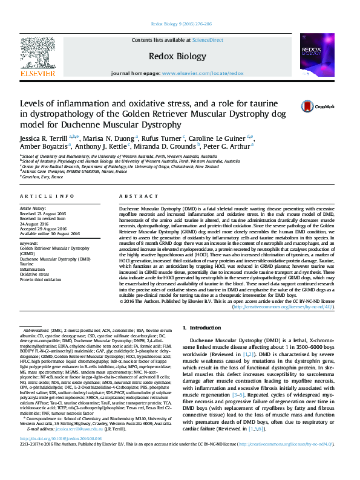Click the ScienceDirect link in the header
tap(208, 40)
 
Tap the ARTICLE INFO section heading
tap(47, 197)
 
